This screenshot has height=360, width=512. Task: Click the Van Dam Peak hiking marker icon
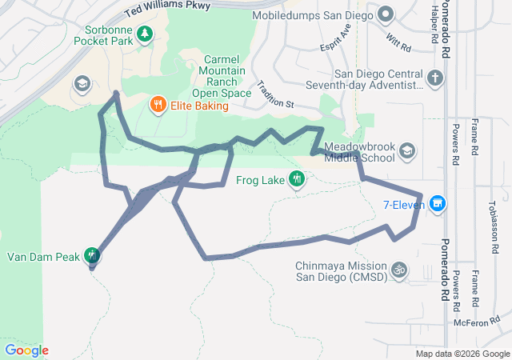[93, 256]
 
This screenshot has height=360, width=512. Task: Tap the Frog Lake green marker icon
[297, 179]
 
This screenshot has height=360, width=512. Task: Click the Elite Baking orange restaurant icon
[158, 103]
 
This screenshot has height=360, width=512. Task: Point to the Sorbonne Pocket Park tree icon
[145, 34]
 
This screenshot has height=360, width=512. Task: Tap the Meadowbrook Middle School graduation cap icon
[407, 150]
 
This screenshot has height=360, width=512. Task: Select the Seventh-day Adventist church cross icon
[434, 78]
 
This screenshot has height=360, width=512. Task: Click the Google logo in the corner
[26, 350]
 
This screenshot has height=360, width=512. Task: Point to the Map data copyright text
[462, 354]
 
